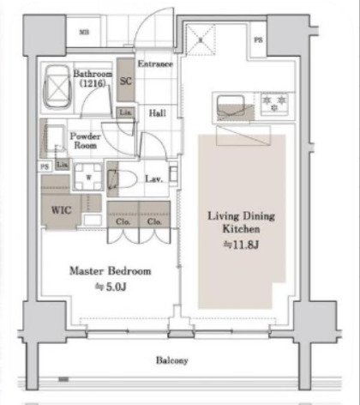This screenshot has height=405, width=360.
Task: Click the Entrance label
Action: tap(155, 64)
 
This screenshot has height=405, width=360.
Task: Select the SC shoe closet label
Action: tap(125, 82)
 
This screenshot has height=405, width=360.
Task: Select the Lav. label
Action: tap(154, 178)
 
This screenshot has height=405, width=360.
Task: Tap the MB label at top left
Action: tap(84, 33)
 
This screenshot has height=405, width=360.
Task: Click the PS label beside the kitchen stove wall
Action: tap(259, 40)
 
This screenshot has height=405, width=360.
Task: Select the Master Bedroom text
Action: tap(110, 271)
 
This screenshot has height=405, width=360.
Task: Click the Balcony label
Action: tap(171, 360)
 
